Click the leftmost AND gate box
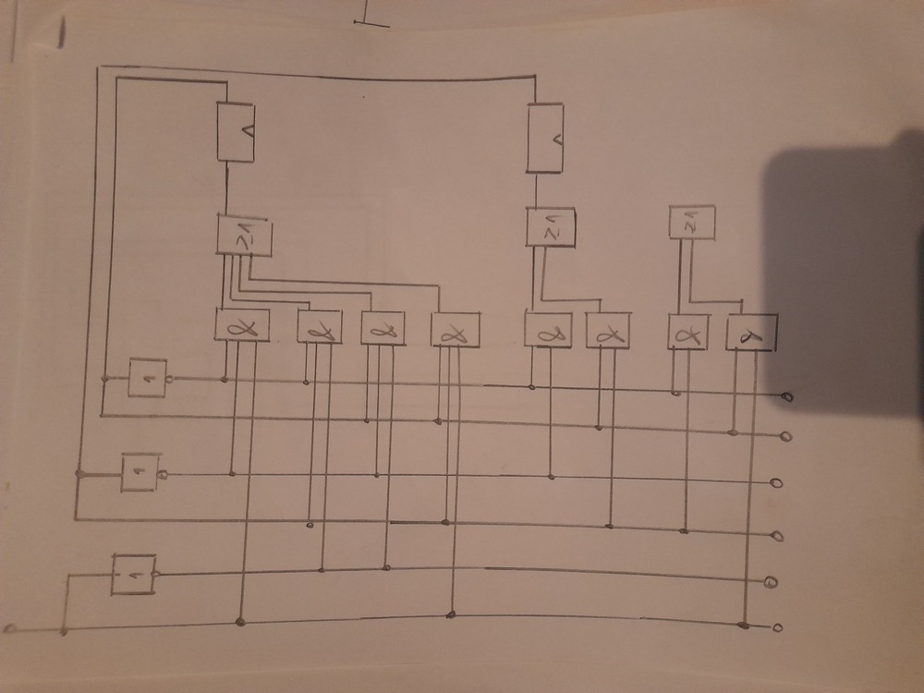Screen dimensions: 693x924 pos(241,324)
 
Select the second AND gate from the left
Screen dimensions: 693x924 pos(320,325)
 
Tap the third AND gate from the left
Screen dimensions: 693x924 pos(383,327)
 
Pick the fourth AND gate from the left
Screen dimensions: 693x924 pos(455,330)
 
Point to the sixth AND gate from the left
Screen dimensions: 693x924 pos(609,331)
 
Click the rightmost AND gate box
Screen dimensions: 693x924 pos(751,332)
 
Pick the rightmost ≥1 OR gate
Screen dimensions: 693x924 pos(691,224)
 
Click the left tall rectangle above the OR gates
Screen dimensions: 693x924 pos(236,132)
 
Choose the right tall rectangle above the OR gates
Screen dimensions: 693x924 pos(545,139)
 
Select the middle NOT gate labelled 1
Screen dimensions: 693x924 pos(140,473)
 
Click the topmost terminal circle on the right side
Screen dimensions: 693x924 pos(788,397)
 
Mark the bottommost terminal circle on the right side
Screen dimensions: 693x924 pos(778,628)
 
